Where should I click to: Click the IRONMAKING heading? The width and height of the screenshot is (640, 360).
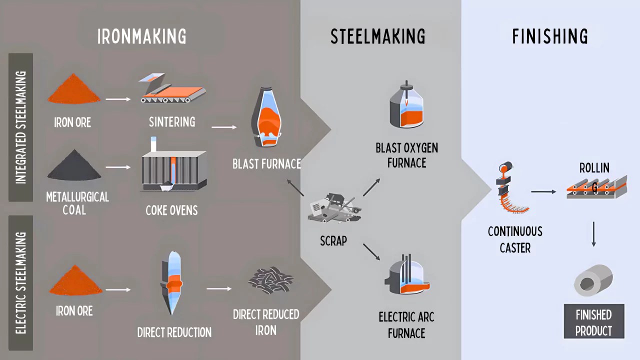(x=142, y=37)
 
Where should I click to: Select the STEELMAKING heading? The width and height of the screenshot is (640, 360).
(x=377, y=37)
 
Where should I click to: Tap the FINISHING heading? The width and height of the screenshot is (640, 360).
(x=550, y=37)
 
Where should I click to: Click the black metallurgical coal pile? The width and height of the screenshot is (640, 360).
(x=74, y=165)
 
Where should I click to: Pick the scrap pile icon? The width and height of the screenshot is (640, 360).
(x=333, y=207)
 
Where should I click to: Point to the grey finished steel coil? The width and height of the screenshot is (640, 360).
(x=593, y=279)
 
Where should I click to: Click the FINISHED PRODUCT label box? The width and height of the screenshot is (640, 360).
(x=594, y=322)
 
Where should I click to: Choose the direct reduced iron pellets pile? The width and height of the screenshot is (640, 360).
(x=270, y=279)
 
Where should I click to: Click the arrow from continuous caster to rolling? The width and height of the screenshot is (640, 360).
(x=543, y=191)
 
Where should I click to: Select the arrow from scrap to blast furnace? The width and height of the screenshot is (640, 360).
(x=295, y=187)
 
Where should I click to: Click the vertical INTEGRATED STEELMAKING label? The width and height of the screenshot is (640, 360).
(x=20, y=127)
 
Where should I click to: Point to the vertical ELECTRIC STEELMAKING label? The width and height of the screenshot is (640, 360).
(x=20, y=283)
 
